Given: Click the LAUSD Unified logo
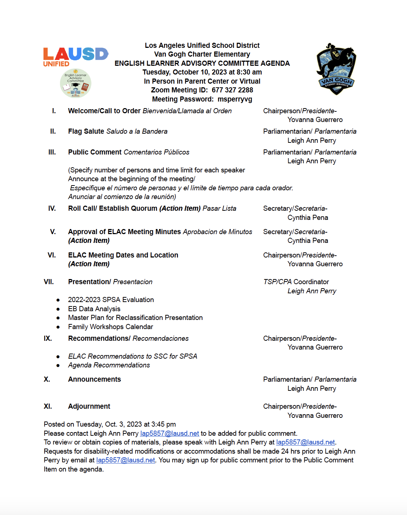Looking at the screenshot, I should (76, 57).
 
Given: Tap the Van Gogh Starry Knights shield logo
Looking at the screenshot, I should (336, 69).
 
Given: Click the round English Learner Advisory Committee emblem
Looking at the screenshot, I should (76, 83).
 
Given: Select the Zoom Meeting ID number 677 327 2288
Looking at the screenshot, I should (232, 90).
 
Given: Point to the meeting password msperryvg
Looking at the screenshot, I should (235, 99).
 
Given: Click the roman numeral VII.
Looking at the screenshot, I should (49, 282).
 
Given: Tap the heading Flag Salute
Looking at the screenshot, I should (86, 131).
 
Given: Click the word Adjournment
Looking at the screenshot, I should (89, 407).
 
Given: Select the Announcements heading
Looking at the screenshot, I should (94, 379).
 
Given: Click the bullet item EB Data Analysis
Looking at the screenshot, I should (94, 309).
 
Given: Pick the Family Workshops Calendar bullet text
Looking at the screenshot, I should (110, 327).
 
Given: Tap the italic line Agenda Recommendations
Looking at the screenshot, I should (109, 365).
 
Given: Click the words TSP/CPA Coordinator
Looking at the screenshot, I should (296, 282).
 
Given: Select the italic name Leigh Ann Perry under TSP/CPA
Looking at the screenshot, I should (312, 291).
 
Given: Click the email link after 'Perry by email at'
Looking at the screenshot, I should (126, 460).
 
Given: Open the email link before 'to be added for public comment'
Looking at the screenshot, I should (170, 434).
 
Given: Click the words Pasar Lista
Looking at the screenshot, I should (219, 209).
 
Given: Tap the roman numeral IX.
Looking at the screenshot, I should (48, 339).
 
